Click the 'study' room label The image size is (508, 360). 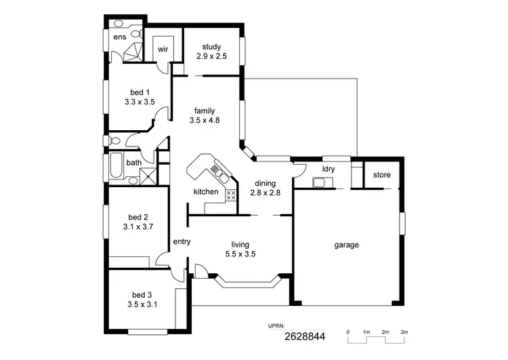click(211, 47)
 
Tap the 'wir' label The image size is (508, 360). click(163, 49)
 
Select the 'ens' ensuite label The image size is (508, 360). click(119, 37)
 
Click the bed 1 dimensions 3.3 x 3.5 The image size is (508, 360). click(140, 102)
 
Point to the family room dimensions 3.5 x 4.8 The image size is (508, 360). click(205, 121)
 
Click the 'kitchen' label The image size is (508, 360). click(206, 192)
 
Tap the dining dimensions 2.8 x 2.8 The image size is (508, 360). click(265, 193)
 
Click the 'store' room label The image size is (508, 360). click(382, 176)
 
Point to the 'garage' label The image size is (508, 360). click(346, 245)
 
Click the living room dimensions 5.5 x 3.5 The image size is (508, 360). click(240, 254)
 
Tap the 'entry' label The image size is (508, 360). click(182, 241)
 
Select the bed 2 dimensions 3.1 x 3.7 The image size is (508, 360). click(136, 227)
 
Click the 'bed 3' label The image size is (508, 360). click(141, 295)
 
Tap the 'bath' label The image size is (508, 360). click(133, 163)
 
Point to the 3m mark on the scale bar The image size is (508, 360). click(404, 332)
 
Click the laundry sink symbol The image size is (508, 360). click(320, 182)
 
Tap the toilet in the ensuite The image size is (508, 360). click(135, 33)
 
